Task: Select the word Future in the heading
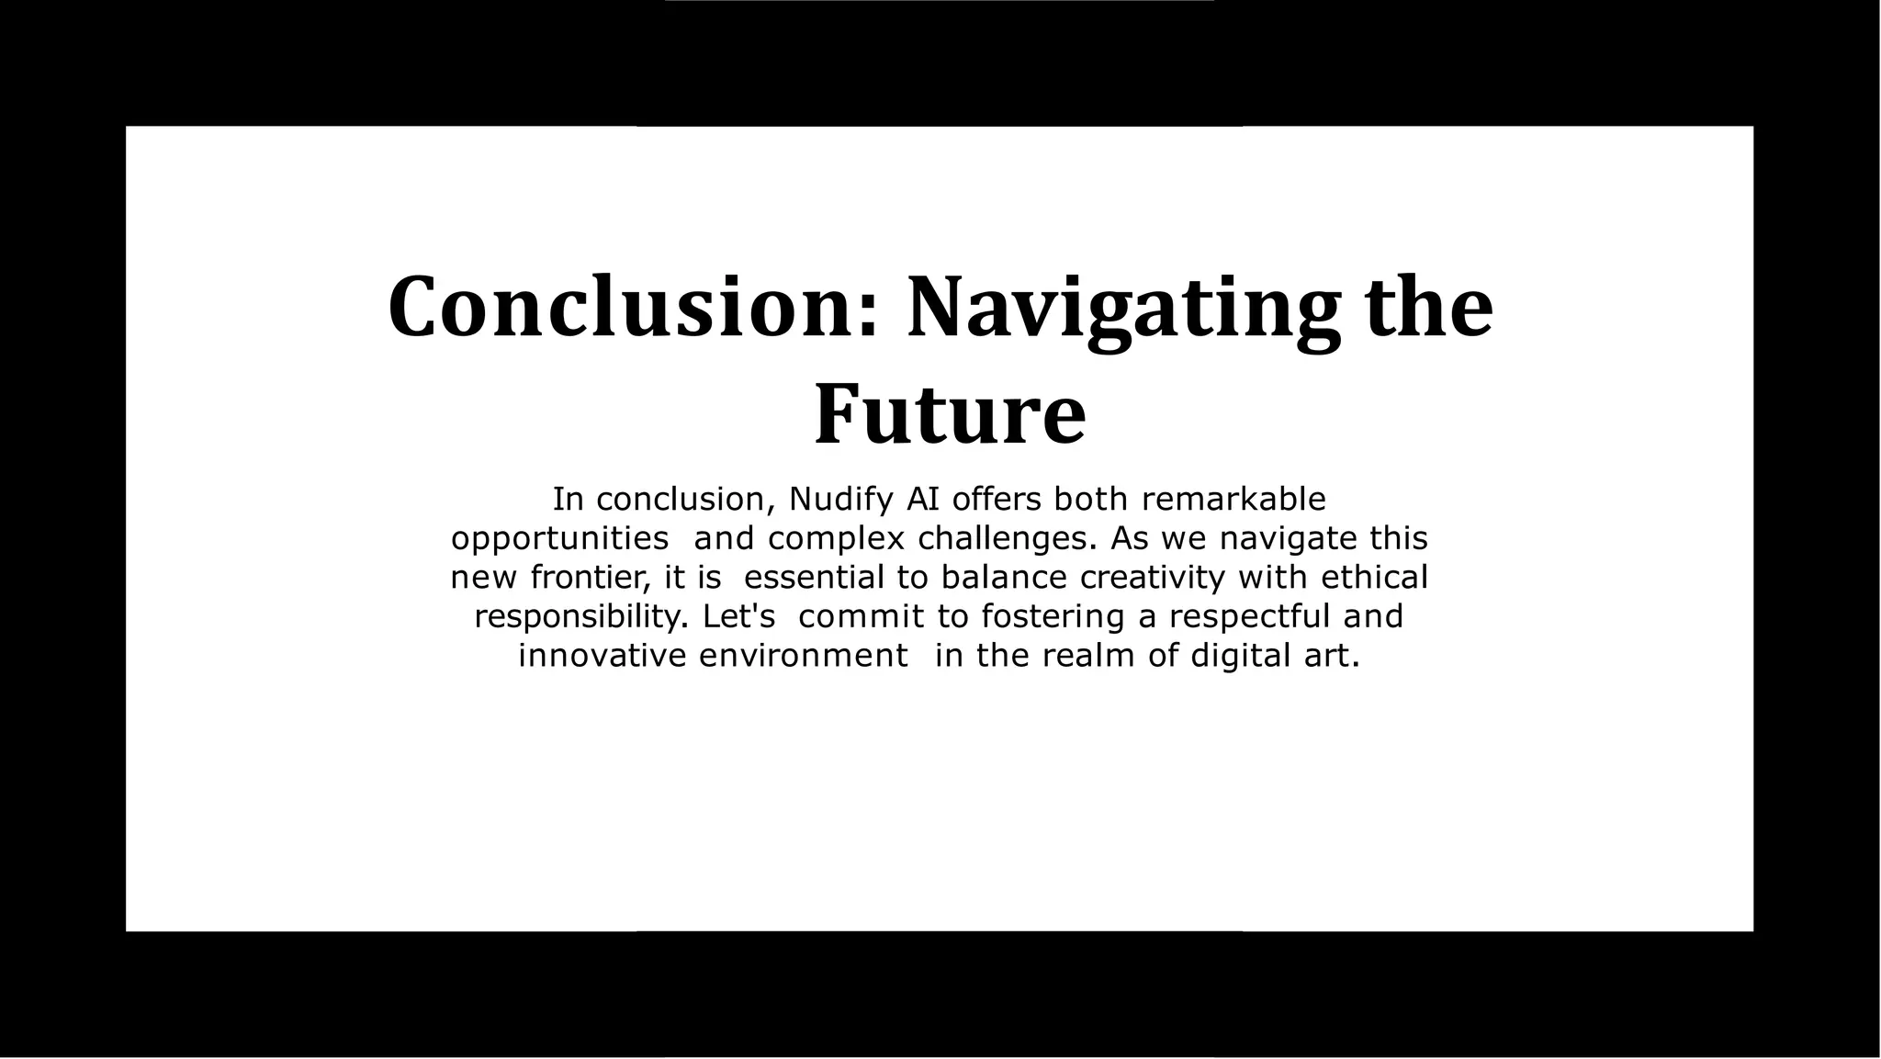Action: tap(950, 414)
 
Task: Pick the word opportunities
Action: tap(559, 539)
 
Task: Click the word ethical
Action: tap(1374, 578)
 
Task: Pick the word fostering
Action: tap(1053, 616)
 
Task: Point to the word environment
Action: tap(804, 656)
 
